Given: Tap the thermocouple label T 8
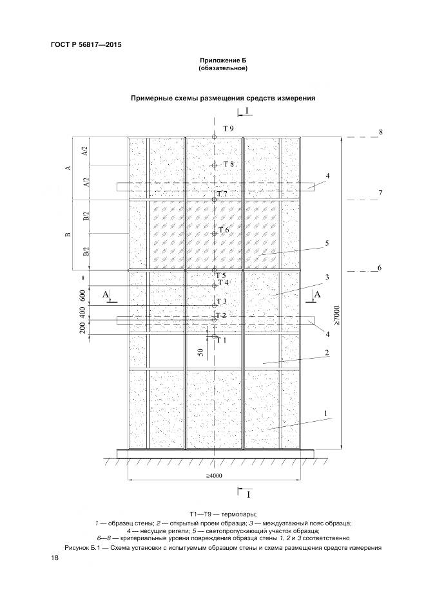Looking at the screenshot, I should point(229,164).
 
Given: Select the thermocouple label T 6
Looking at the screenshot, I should point(224,230).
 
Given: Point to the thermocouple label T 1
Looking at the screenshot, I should point(222,340).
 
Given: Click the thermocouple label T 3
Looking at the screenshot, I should point(222,301).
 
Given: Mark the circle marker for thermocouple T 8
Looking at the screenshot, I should point(215,165).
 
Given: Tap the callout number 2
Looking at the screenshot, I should point(327,353).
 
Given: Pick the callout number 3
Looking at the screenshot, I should point(327,277).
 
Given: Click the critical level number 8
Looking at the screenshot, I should point(381,132).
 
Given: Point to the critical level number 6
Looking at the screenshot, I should point(380,268).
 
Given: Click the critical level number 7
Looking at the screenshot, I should point(380,193).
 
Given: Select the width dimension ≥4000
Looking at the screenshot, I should point(215,476).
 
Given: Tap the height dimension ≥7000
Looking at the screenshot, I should point(346,315).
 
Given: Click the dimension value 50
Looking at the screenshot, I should point(201,353).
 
